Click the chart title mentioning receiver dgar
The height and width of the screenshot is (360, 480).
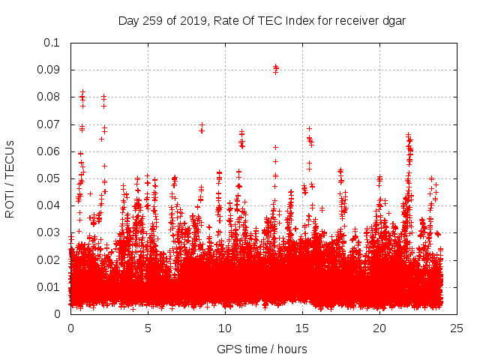point(262,21)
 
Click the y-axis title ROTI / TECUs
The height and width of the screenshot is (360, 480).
point(10,178)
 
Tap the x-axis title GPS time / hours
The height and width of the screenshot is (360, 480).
point(262,349)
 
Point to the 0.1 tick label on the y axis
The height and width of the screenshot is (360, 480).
point(52,43)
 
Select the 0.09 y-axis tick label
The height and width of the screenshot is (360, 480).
point(49,70)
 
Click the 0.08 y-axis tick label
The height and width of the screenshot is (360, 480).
point(49,97)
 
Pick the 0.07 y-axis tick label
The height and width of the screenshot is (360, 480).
point(49,124)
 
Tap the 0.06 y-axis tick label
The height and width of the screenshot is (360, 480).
point(49,151)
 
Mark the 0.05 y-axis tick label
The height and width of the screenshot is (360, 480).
point(49,178)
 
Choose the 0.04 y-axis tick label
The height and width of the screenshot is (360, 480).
point(49,205)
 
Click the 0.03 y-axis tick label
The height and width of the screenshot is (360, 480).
point(49,232)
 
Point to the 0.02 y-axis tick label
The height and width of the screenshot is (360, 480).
point(49,259)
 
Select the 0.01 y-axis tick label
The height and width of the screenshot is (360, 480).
point(49,286)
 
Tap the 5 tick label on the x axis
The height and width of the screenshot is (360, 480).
point(148,328)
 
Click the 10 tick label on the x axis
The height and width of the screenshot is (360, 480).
point(225,328)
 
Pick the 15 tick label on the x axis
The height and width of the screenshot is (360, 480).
point(302,328)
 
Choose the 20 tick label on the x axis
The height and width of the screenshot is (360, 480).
point(379,328)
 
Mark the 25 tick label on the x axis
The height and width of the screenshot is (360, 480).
point(457,328)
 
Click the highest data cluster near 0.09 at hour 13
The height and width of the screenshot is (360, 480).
point(275,69)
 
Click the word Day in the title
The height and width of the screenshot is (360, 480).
point(129,21)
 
